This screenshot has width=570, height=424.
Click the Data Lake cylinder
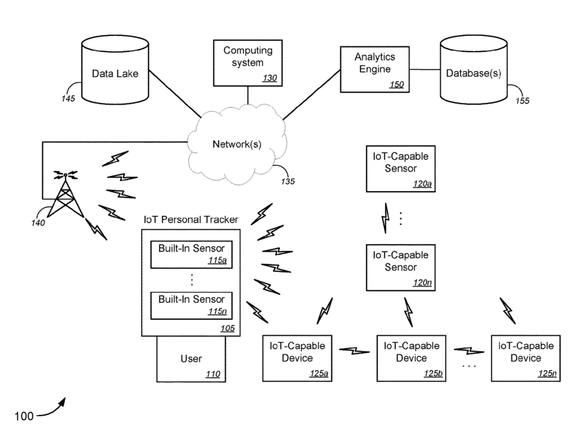click(x=115, y=69)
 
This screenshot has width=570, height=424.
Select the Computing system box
click(x=248, y=63)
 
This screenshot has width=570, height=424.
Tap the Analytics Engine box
click(x=375, y=69)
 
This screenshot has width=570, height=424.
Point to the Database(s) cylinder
click(x=473, y=69)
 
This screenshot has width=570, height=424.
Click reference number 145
click(x=68, y=98)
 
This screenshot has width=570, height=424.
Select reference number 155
click(x=522, y=101)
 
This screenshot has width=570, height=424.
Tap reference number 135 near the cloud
click(x=288, y=181)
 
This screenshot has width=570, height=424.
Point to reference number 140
click(x=38, y=223)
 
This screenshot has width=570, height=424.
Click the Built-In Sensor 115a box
click(x=191, y=254)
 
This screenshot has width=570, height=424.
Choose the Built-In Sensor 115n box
click(x=191, y=306)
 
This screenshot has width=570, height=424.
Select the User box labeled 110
click(x=191, y=359)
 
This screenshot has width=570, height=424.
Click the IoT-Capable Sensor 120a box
click(x=401, y=169)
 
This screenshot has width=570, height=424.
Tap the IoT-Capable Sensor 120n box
click(x=401, y=268)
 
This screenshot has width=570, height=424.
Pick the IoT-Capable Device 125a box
click(x=297, y=358)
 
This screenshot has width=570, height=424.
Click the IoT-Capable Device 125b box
click(x=412, y=358)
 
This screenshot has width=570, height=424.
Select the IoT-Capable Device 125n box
click(x=526, y=358)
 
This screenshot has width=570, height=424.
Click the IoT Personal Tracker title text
click(x=191, y=219)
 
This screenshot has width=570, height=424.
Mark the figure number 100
click(x=24, y=416)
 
